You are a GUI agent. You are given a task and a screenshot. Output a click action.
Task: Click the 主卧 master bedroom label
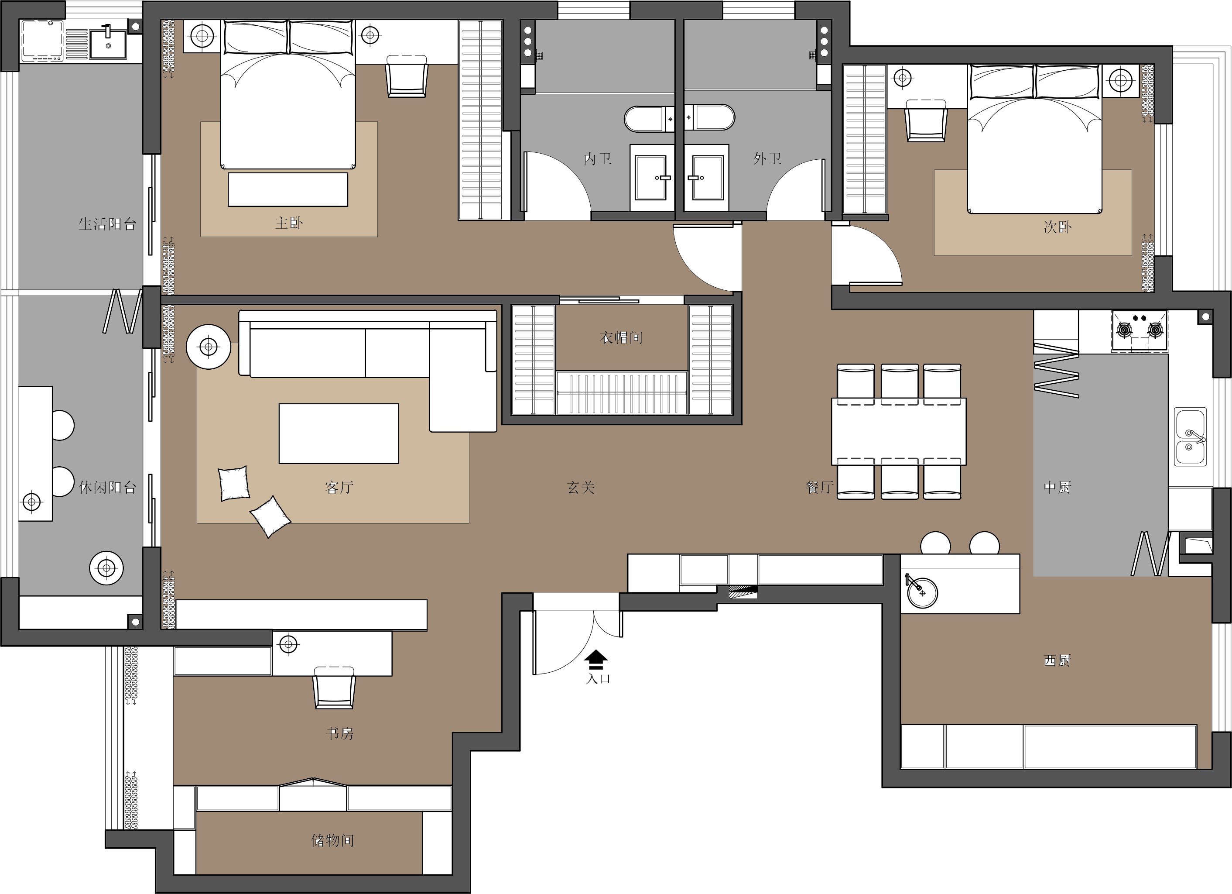coord(288,223)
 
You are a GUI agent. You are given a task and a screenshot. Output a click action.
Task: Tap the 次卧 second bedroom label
coord(1057,227)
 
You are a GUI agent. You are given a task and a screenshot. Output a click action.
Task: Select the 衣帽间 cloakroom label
coord(621,337)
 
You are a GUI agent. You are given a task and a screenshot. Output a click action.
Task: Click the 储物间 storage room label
coord(332,841)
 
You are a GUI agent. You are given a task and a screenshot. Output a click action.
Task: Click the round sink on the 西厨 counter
coord(922,592)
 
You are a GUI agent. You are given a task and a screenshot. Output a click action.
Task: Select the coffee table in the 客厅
coord(339,433)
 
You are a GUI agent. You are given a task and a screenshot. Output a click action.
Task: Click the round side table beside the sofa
coord(209,347)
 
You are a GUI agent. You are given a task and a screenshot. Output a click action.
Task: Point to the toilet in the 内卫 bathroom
coord(650,118)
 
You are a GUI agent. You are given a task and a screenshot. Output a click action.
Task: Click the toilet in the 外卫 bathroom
coord(709,117)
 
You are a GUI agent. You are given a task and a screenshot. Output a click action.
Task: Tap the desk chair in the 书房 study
coord(334,688)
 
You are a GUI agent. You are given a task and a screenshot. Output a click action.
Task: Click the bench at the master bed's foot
coord(288,189)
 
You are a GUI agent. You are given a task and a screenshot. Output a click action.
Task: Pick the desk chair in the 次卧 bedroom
coord(926,120)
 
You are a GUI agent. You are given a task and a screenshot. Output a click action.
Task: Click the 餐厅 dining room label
coord(820,488)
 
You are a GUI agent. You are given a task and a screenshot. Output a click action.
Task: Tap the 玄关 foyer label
coord(581,488)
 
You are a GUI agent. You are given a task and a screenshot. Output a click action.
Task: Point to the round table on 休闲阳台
coord(106,568)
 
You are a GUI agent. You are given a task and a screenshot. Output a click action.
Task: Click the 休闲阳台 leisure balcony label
coord(107,488)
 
